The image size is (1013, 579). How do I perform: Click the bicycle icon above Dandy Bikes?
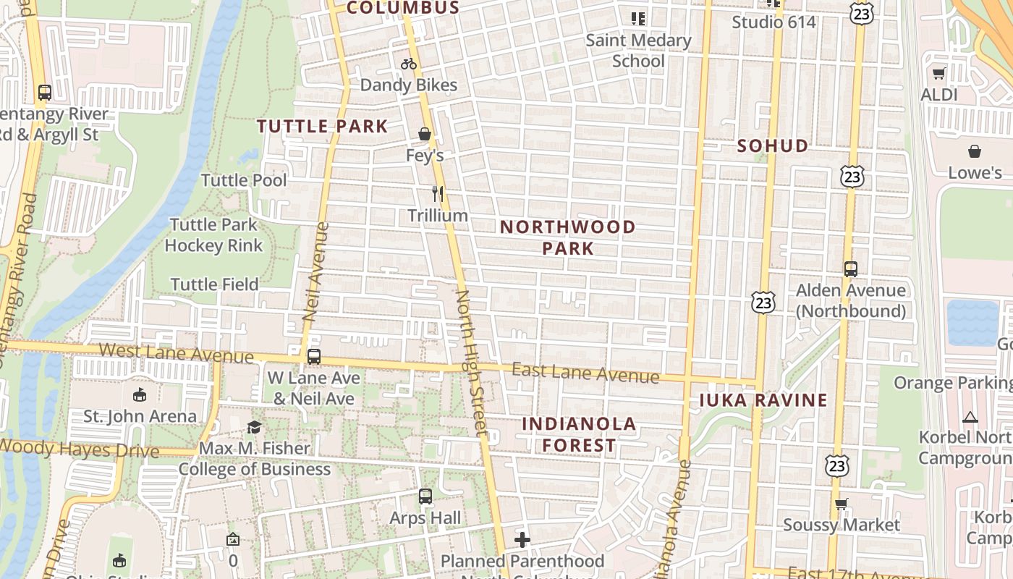(x=409, y=64)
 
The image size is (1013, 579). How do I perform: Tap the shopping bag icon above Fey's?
(x=425, y=134)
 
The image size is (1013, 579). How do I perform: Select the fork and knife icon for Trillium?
(x=437, y=193)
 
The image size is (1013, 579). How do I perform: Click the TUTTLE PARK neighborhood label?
(x=323, y=126)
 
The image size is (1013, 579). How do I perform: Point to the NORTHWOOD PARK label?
(x=568, y=237)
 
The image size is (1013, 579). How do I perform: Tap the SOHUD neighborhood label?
(x=773, y=145)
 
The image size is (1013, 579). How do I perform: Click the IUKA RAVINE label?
(x=763, y=400)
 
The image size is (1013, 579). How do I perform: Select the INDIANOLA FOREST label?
(x=579, y=434)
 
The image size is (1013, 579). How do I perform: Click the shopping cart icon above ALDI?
(x=938, y=73)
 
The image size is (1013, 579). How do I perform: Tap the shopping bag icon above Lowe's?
(x=975, y=151)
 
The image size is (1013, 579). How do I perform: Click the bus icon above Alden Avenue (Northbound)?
(x=851, y=269)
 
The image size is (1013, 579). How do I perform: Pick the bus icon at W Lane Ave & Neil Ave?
(x=313, y=356)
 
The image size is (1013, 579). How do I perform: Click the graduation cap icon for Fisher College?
(x=254, y=427)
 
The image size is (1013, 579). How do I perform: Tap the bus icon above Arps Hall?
(x=425, y=496)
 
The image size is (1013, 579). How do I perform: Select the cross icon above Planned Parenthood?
(x=522, y=540)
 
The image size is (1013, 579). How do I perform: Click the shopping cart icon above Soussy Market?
(x=841, y=504)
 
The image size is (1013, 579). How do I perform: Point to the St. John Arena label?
(x=140, y=416)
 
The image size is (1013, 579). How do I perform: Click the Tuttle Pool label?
(x=244, y=180)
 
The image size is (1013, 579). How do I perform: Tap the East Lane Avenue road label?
(x=585, y=373)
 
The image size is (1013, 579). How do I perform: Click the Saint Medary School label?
(x=638, y=51)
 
